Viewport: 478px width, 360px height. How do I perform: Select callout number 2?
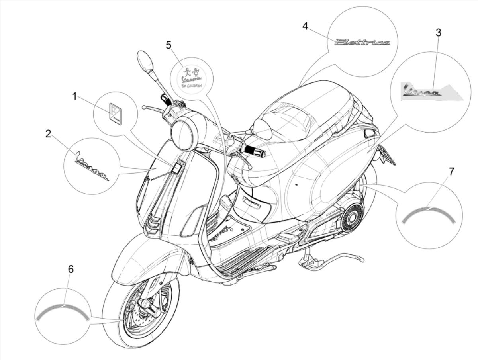point(48,134)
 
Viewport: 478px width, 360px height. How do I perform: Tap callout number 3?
point(438,33)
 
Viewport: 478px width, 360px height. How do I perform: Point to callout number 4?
point(305,26)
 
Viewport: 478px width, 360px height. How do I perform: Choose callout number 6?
point(71,269)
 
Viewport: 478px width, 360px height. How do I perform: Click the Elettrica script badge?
point(362,42)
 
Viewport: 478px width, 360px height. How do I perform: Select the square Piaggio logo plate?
point(115,113)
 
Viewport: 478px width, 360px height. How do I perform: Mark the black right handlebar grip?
point(254,151)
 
